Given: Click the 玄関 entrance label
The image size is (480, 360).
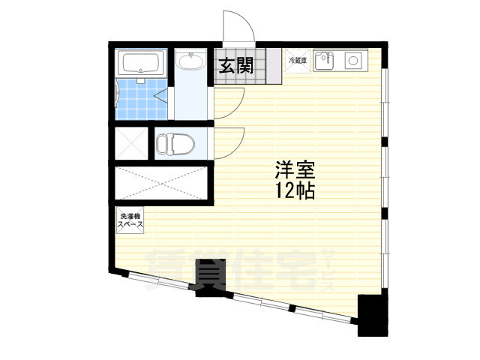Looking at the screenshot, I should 235,66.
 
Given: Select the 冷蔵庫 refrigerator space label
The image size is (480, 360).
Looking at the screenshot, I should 297,61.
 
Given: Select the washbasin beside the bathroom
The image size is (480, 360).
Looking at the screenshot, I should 191,62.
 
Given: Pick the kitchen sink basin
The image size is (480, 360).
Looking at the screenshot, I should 323,59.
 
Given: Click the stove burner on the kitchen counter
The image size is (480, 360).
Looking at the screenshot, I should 352,59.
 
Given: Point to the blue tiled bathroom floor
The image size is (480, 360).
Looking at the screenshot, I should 136,99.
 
